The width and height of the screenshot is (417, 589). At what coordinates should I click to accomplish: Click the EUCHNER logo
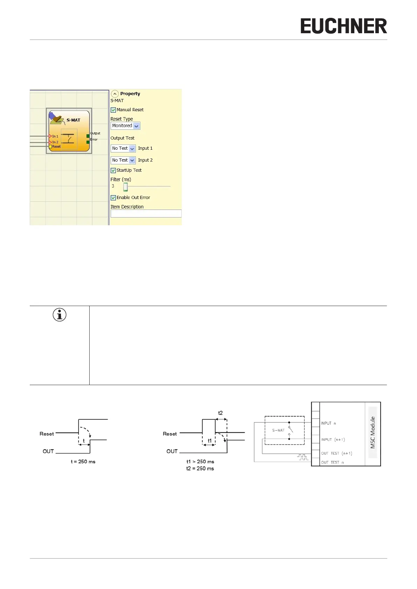point(343,26)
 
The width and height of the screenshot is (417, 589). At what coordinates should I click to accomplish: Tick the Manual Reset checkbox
point(113,110)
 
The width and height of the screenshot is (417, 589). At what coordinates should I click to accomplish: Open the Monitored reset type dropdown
point(137,126)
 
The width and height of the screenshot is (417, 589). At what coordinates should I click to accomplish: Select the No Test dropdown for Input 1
point(132,149)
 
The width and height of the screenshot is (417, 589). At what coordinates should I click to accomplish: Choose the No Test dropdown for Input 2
point(132,161)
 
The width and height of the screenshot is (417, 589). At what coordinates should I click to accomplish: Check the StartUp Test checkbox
point(113,171)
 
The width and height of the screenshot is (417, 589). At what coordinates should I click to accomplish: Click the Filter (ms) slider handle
point(125,187)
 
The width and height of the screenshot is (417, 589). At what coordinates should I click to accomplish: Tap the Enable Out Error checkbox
point(113,198)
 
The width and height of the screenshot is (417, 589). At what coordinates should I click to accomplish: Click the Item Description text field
point(146,214)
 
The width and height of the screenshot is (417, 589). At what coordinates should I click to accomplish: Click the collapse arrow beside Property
point(115,94)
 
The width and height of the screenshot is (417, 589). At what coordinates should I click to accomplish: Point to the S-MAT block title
point(73,120)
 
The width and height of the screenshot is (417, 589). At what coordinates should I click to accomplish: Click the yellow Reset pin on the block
point(50,147)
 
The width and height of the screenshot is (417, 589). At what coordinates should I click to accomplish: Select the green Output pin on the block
point(88,136)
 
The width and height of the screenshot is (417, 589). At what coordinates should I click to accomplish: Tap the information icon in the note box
point(60,315)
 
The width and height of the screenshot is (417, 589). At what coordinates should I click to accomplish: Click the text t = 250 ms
point(83,462)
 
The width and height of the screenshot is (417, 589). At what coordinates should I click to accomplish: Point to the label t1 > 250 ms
point(200,462)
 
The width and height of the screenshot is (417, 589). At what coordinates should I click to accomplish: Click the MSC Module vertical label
point(373,432)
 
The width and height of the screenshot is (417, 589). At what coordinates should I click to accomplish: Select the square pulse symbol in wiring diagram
point(302,457)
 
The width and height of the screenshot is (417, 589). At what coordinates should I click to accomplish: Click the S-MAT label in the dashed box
point(278,430)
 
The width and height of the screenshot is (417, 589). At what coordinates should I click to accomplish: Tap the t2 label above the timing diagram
point(220,413)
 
